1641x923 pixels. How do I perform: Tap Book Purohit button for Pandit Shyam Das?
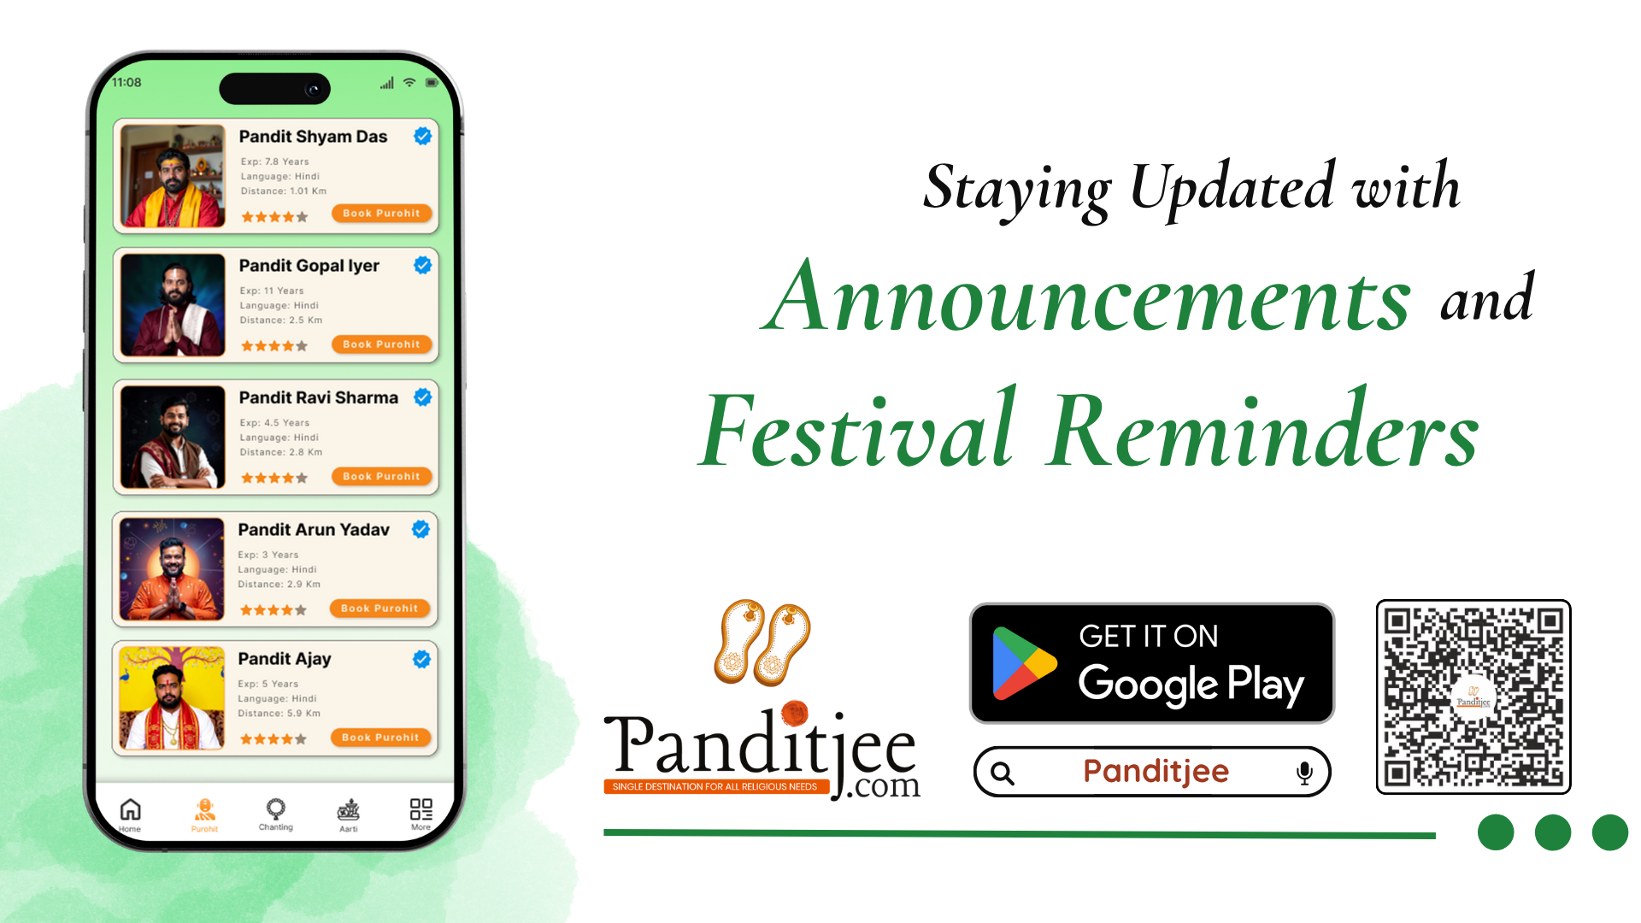[x=381, y=213]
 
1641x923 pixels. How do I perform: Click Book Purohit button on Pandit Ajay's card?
[x=380, y=737]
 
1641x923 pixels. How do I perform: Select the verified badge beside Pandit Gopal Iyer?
[x=422, y=265]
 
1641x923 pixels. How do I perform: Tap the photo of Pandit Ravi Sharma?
[x=173, y=437]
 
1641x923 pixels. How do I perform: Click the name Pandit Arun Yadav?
[x=314, y=529]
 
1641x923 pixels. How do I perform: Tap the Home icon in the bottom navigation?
[x=130, y=809]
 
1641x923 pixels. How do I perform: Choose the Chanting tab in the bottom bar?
[x=275, y=814]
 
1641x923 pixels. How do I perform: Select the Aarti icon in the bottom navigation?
[x=349, y=809]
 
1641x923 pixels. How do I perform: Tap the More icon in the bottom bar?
[x=421, y=808]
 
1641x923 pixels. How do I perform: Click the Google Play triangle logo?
[x=1024, y=663]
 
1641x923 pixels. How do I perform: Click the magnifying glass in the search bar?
[x=1003, y=773]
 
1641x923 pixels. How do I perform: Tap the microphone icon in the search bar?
[x=1304, y=773]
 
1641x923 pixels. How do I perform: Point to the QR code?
[x=1473, y=697]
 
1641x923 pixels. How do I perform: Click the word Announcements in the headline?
[x=1086, y=297]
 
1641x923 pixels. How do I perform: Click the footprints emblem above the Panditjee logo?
[x=762, y=643]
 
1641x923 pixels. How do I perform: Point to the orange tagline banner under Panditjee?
[x=716, y=786]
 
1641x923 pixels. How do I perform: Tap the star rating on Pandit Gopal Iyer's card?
[x=273, y=346]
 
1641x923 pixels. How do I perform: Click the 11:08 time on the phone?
[x=126, y=82]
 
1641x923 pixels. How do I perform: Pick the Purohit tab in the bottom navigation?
[x=204, y=814]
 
